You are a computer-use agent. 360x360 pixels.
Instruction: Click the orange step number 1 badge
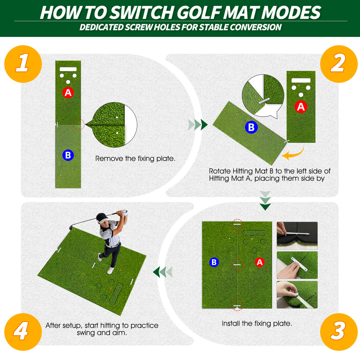[x=23, y=64]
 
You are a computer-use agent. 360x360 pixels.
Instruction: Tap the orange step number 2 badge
[x=338, y=64]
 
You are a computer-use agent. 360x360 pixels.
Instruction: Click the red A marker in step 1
[x=68, y=92]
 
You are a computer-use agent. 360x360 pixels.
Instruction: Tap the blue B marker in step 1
[x=68, y=155]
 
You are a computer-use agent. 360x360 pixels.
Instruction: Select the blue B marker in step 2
[x=251, y=127]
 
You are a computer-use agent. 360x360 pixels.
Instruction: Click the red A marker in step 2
[x=301, y=107]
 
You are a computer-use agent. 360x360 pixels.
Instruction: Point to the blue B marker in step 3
[x=214, y=262]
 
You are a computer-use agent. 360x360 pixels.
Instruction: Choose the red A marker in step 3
[x=259, y=262]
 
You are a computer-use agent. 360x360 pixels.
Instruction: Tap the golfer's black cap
[x=102, y=218]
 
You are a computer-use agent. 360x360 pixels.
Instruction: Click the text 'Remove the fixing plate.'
[x=135, y=159]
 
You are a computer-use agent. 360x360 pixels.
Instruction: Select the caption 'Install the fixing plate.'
[x=257, y=323]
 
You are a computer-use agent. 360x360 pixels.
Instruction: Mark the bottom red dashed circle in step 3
[x=237, y=306]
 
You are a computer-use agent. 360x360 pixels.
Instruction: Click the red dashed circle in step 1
[x=79, y=124]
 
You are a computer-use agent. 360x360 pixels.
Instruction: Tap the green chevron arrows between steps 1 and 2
[x=198, y=124]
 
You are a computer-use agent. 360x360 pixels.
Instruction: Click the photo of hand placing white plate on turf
[x=297, y=265]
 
